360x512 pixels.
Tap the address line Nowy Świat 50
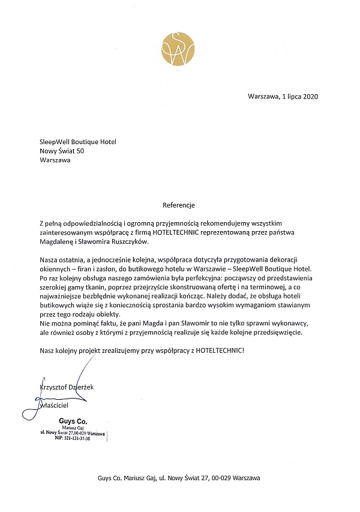[x=62, y=151]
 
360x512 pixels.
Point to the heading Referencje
[x=179, y=205]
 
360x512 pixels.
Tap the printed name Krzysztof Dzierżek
[x=67, y=387]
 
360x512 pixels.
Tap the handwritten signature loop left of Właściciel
[x=29, y=412]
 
